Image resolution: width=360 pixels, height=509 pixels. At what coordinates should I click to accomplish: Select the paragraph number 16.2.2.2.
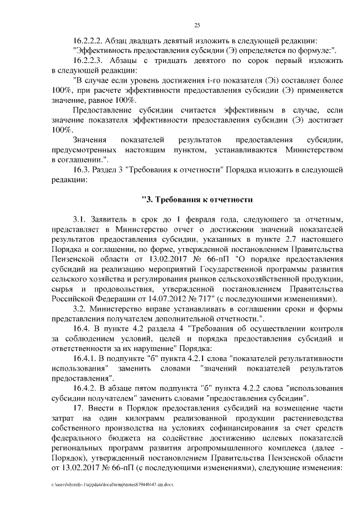click(x=90, y=41)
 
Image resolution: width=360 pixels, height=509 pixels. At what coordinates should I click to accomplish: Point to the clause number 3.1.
click(x=81, y=218)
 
